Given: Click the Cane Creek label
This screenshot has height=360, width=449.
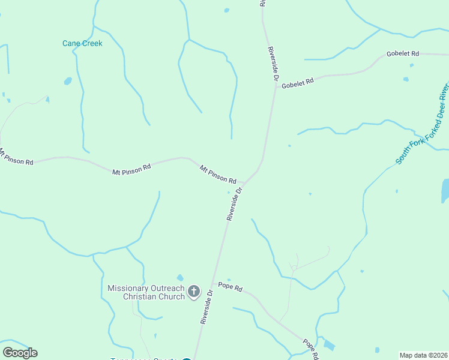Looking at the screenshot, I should [x=82, y=43].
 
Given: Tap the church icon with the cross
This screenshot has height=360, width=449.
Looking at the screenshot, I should [x=193, y=292].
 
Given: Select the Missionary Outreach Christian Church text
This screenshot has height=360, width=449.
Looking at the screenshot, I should [x=146, y=292].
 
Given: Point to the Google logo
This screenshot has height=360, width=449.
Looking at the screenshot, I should [x=20, y=353].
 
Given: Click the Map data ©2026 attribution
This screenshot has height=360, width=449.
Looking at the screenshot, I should [x=424, y=355].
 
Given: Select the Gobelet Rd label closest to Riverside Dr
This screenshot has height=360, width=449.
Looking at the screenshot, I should [x=298, y=82].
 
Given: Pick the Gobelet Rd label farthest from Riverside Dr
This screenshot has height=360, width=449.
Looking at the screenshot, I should [x=402, y=53].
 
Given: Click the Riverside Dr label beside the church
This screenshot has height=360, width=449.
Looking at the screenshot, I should [x=207, y=307].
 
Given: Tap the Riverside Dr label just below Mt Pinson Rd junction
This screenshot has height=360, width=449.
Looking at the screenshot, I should [x=234, y=204].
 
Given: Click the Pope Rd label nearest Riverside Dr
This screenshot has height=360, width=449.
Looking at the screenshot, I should [x=230, y=287].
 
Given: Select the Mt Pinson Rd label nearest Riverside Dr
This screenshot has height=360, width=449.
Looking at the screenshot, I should [x=218, y=175].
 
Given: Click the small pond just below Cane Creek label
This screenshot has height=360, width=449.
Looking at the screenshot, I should [x=68, y=81].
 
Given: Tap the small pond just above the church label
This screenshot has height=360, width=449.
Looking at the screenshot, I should [x=180, y=278].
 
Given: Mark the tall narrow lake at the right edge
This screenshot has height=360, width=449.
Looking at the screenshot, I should [x=445, y=191].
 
